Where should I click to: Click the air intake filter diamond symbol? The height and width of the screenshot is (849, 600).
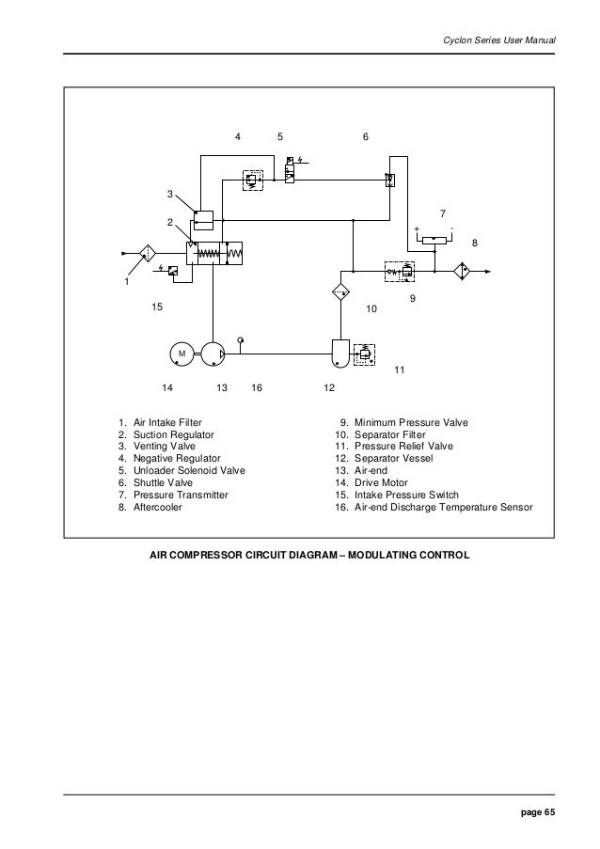[x=149, y=253]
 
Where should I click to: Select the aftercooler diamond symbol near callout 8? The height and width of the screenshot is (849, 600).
[x=462, y=272]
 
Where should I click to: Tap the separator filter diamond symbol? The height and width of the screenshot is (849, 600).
[x=341, y=291]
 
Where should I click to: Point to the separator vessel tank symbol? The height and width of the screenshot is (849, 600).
[x=339, y=353]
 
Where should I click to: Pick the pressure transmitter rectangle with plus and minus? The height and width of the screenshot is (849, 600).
[x=434, y=239]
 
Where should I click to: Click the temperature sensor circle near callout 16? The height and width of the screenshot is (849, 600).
[x=241, y=338]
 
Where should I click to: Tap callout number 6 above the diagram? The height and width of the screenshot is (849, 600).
[x=365, y=137]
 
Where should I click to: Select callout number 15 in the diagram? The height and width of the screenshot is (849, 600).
[x=157, y=307]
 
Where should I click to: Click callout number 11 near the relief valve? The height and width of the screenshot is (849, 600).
[x=399, y=370]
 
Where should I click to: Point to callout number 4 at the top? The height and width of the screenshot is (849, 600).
[x=238, y=137]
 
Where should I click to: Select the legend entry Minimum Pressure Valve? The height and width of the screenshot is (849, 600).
[x=409, y=423]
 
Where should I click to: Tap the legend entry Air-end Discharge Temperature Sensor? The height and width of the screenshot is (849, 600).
[x=442, y=507]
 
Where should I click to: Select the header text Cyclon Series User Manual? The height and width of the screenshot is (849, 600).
[x=497, y=40]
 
